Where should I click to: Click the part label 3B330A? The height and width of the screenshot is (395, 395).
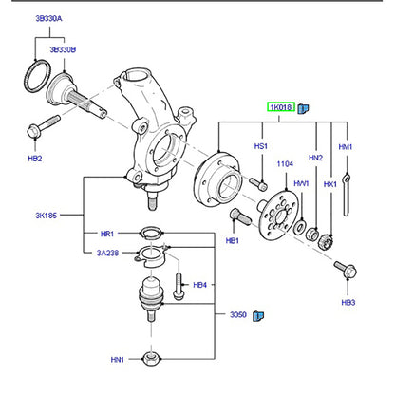(x=48, y=18)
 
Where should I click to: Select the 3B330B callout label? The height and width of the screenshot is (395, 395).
(x=63, y=49)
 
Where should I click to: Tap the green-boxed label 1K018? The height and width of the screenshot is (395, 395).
(x=281, y=107)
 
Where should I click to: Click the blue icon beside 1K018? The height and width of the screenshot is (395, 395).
(x=303, y=108)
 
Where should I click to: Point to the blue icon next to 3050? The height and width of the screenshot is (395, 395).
(x=258, y=315)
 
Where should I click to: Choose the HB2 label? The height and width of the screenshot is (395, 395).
(x=35, y=159)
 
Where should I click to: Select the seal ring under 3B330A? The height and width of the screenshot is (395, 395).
(x=38, y=76)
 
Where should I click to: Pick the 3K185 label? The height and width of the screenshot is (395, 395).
(x=47, y=216)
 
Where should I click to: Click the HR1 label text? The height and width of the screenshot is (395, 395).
(x=107, y=234)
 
